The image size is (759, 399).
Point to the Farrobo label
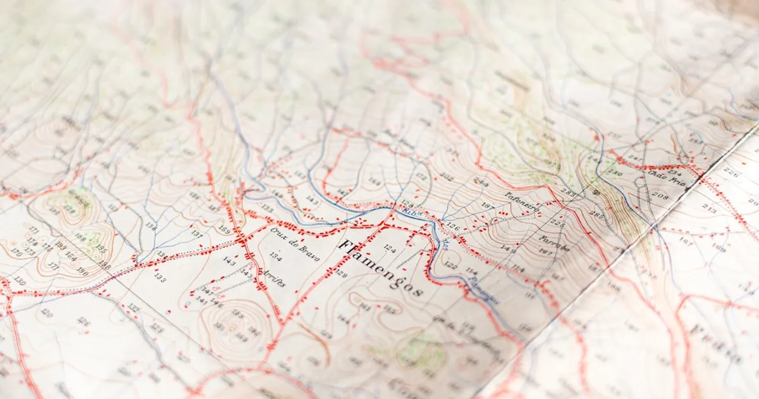(554, 243)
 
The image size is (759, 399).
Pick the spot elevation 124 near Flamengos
(389, 250)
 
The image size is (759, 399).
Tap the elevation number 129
(341, 273)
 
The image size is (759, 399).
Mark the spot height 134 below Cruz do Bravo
(275, 255)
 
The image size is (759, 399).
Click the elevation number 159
(225, 229)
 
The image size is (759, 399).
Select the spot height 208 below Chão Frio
(660, 197)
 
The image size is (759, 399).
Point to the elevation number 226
(731, 172)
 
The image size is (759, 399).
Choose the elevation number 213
(709, 207)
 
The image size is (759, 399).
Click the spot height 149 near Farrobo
(508, 249)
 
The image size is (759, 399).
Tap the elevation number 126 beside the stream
(452, 225)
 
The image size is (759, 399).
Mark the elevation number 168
(374, 182)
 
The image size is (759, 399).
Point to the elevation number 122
(450, 265)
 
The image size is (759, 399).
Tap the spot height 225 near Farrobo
(557, 222)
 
